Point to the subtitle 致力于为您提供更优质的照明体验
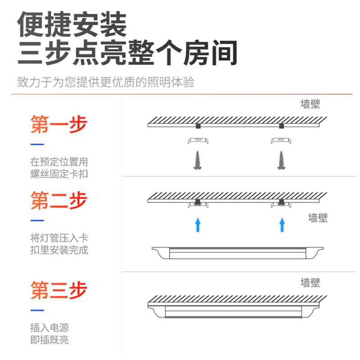106,83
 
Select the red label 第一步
58,125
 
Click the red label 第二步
58,200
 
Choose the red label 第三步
58,290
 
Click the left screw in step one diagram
197,160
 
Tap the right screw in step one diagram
281,160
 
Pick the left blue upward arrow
197,224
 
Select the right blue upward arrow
282,224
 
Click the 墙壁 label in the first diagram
310,104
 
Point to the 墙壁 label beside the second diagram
318,218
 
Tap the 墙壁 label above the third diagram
310,283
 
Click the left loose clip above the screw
198,140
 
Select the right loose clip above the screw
281,140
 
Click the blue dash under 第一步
37,144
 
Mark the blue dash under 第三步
37,310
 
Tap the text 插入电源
49,328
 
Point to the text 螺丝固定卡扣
59,174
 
